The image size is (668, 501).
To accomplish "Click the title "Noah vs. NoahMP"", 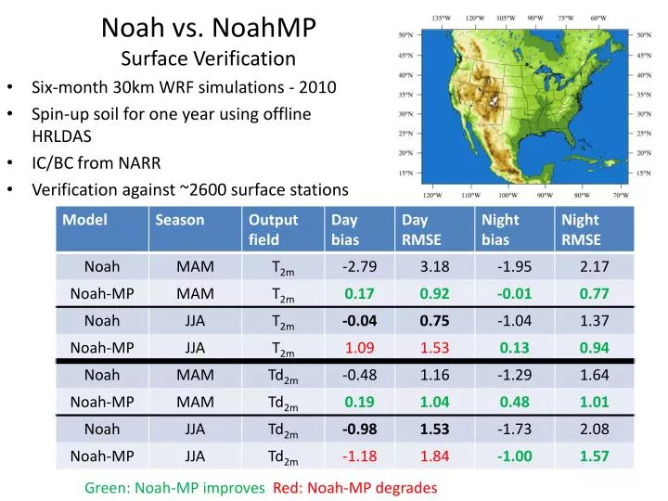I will pos(209,27).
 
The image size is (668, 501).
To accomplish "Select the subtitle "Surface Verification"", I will pos(209,59).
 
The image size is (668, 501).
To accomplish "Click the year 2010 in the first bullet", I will pos(316,89).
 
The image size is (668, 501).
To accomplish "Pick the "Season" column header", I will pos(180,221).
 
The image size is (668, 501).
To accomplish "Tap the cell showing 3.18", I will pos(434,267).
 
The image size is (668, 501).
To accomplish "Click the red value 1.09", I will pos(359,349).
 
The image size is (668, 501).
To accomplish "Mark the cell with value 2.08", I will pos(594,430).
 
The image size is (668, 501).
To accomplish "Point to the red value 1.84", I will pos(434,456).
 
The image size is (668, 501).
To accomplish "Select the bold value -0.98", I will pos(359,430).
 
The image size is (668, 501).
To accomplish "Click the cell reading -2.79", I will pos(359,267).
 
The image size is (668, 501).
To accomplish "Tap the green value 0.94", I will pos(594,349).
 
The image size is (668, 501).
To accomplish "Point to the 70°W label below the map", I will pos(619,196).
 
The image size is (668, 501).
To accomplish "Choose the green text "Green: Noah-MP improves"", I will pos(174,487).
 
